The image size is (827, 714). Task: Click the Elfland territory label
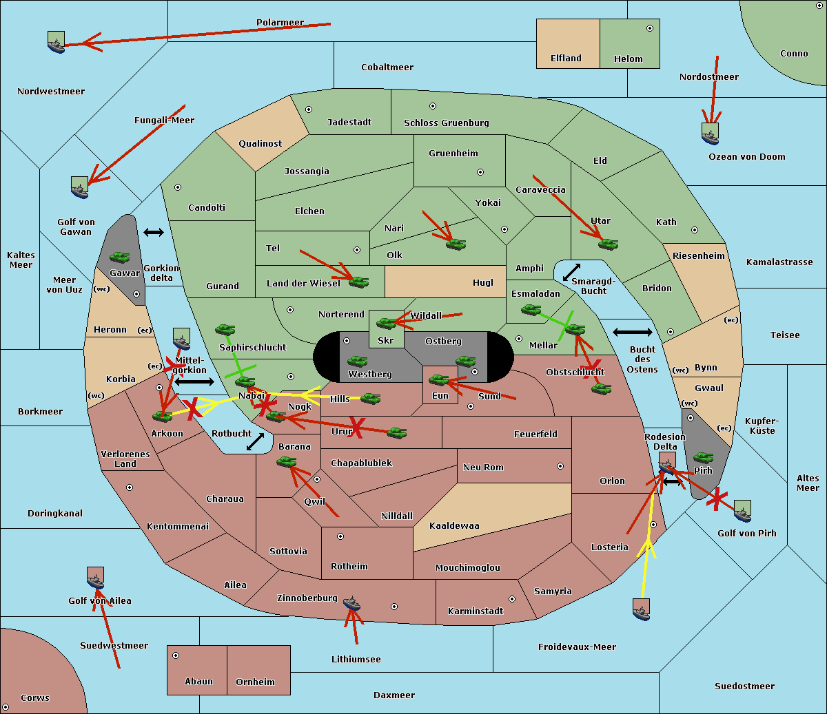(x=566, y=59)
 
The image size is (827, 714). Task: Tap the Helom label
(x=628, y=59)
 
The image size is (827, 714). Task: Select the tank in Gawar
(x=119, y=258)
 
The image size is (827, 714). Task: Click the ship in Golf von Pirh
(x=742, y=510)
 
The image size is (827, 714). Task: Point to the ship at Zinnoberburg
(x=351, y=604)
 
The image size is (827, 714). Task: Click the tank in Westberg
(x=357, y=361)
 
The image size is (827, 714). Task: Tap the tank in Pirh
(x=703, y=458)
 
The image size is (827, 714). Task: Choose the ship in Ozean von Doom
(x=710, y=133)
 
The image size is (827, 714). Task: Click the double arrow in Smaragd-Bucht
(x=572, y=273)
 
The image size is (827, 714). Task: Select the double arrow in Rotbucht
(x=255, y=442)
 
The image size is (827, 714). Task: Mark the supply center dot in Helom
(x=649, y=28)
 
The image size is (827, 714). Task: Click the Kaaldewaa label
(x=454, y=526)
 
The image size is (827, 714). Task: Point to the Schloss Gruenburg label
(x=446, y=123)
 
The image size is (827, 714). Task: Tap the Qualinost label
(x=260, y=144)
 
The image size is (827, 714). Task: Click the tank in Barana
(x=286, y=462)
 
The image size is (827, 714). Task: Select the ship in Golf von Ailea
(x=95, y=578)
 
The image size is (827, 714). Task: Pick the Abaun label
(x=198, y=682)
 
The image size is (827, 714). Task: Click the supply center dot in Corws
(x=6, y=707)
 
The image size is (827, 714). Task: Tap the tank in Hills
(x=371, y=398)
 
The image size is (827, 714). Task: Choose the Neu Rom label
(x=483, y=468)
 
